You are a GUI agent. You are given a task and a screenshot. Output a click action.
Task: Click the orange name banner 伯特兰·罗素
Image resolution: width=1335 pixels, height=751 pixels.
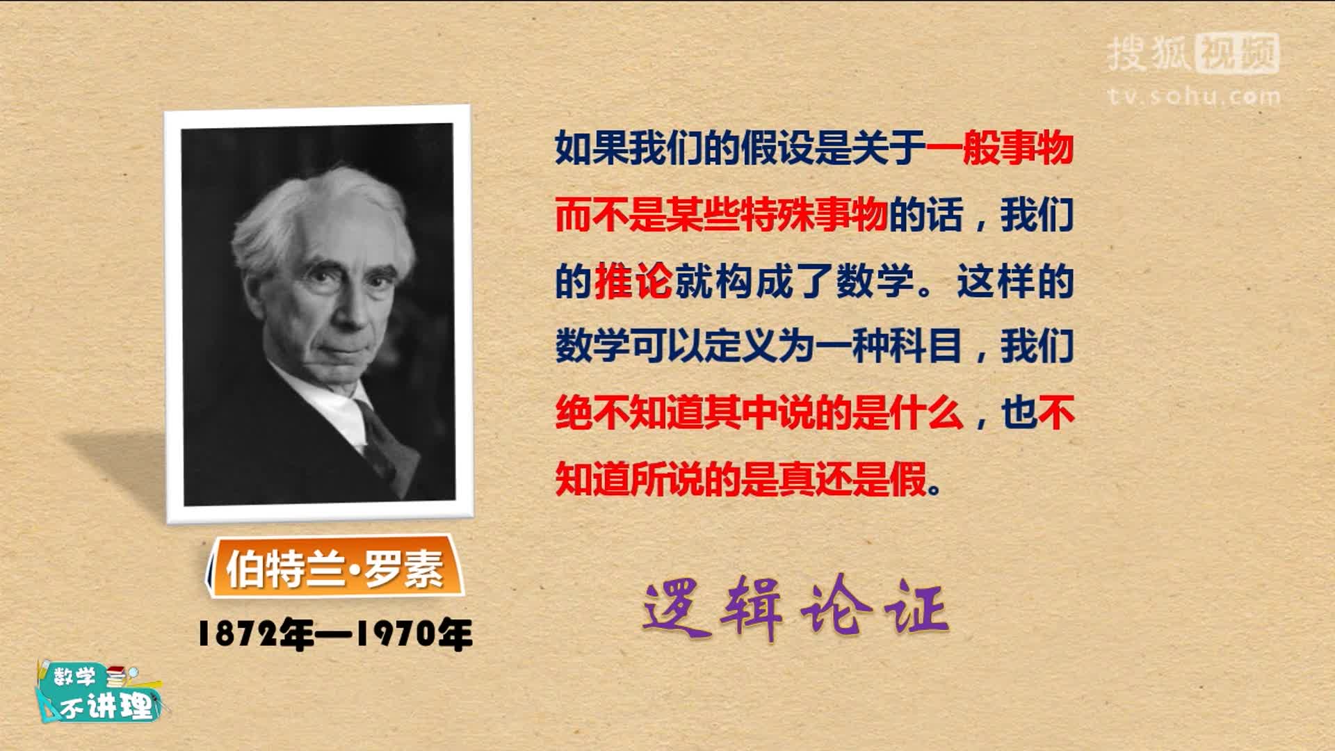(334, 567)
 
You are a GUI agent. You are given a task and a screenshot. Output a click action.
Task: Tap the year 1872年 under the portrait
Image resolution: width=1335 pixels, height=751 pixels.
(256, 634)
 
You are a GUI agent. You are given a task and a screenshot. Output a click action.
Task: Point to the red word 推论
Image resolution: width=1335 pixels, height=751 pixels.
(633, 282)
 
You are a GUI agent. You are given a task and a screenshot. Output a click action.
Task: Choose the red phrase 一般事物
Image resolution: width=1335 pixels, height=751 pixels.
(1000, 148)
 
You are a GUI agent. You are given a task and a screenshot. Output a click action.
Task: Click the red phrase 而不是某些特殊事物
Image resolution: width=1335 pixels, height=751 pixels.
(722, 215)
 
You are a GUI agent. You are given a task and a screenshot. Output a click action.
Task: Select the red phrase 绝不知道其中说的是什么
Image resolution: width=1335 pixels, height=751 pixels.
(759, 413)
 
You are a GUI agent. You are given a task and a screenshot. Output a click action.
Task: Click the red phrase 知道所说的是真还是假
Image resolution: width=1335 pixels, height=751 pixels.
(741, 479)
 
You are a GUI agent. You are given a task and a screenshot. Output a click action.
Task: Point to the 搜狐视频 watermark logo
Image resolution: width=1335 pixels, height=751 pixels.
(1193, 54)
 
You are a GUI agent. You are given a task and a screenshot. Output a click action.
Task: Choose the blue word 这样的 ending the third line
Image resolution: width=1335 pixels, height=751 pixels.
(1016, 282)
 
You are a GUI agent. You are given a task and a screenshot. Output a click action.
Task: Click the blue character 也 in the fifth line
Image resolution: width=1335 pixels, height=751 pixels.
(1019, 413)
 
